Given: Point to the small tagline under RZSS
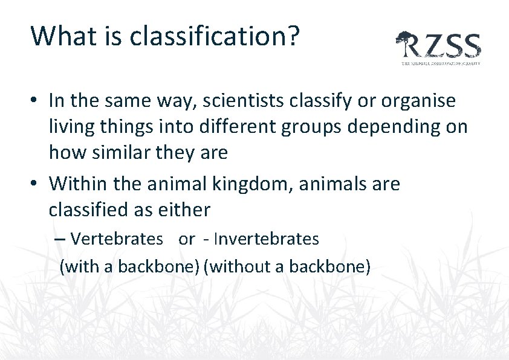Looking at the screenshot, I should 441,63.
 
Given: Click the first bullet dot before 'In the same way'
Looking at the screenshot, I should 35,101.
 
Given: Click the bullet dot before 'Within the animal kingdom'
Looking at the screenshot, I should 35,184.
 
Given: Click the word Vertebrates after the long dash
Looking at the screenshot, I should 117,239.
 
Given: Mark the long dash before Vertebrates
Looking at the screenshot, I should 60,239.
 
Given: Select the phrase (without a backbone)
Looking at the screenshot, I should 287,266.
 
